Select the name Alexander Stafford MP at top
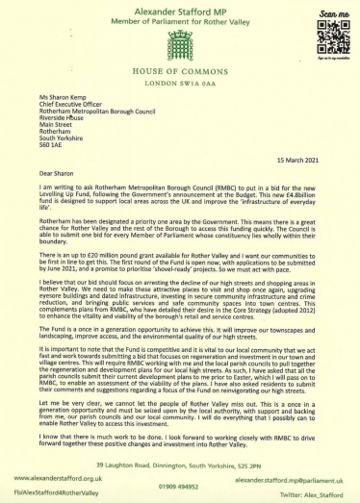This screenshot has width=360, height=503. pos(180,7)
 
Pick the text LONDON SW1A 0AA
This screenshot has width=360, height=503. pos(180,85)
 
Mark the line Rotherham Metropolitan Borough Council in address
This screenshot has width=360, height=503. pos(90,100)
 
